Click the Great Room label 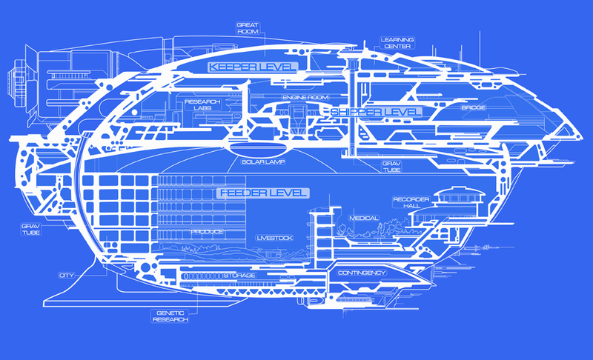[x=248, y=28]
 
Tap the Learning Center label [x=397, y=43]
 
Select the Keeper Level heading [x=253, y=67]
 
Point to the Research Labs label [x=202, y=105]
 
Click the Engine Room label [x=305, y=98]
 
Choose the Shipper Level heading [x=376, y=112]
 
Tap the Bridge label [x=473, y=107]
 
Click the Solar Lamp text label [x=263, y=161]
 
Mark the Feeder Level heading [x=263, y=193]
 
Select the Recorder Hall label [x=411, y=202]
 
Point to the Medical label [x=364, y=219]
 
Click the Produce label [x=208, y=232]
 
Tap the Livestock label [x=274, y=238]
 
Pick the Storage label [x=239, y=276]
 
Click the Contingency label [x=362, y=273]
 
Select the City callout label [x=67, y=276]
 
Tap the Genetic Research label [x=170, y=316]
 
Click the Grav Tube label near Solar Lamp [x=391, y=167]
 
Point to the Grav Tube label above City [x=31, y=230]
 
